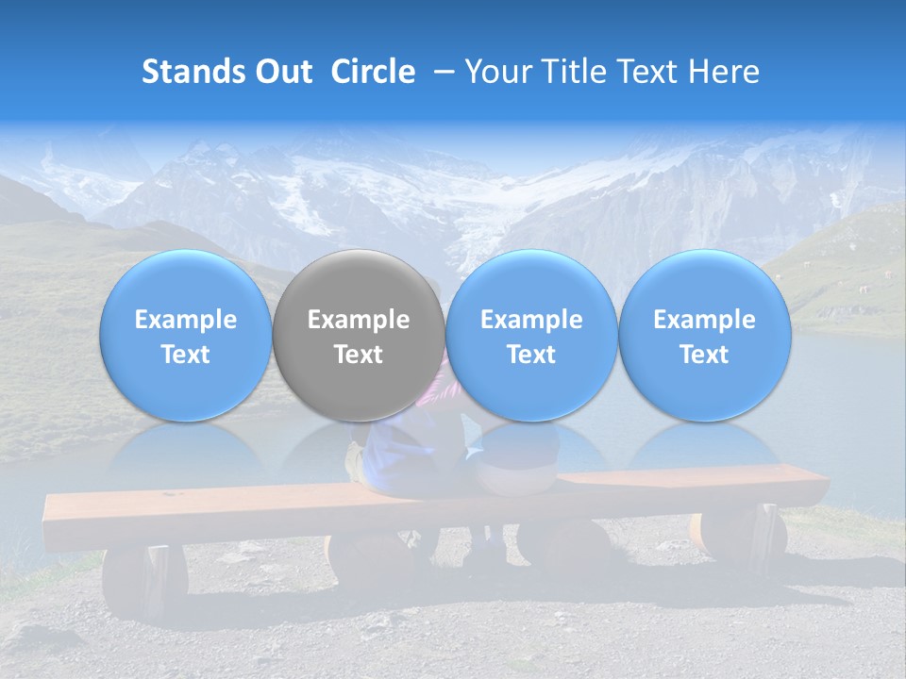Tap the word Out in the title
click(281, 72)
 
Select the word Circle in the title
click(373, 72)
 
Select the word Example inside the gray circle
click(359, 320)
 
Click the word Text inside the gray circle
click(359, 355)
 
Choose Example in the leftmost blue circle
click(186, 320)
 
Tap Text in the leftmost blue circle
click(186, 355)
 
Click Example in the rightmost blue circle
click(704, 320)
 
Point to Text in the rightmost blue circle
click(704, 355)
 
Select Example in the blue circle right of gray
click(531, 320)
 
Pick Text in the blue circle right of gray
click(531, 355)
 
